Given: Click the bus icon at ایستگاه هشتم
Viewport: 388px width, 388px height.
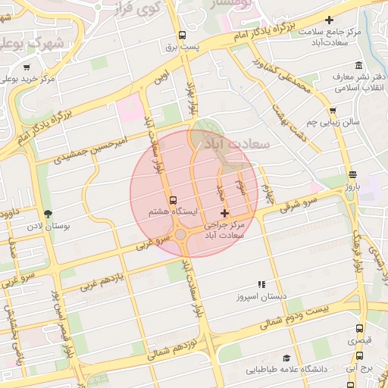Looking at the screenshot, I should click(174, 201).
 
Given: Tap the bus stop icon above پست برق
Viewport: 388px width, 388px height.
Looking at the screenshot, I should click(182, 35).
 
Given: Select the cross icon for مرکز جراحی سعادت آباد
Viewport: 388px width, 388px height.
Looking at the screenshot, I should click(224, 214).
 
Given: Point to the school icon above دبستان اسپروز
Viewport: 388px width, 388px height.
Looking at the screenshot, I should click(262, 284).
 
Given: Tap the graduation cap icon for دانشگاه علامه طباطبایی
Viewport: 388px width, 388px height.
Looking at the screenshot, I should click(286, 358).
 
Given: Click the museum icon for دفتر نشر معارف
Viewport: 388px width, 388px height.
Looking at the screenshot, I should click(358, 65).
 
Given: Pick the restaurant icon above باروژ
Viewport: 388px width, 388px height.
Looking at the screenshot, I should click(352, 175).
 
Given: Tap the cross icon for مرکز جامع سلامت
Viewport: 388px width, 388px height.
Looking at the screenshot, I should click(328, 20).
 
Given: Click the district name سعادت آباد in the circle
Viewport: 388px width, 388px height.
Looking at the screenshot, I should click(227, 142).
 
